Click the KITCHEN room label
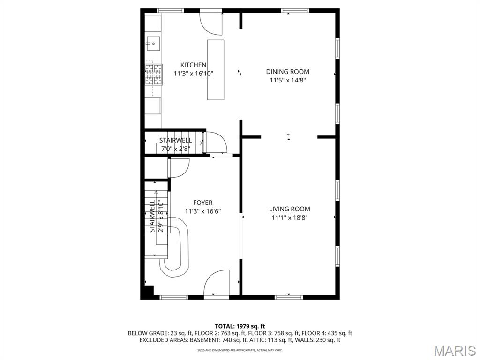coord(194,65)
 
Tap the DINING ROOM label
coord(287,72)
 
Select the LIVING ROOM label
coord(289,209)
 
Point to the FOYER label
coord(202,202)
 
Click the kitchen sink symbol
coord(152,44)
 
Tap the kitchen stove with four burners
coord(153,74)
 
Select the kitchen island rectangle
coord(216,69)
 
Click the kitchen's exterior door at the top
coord(211,21)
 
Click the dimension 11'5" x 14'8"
coord(287,80)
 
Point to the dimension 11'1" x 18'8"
coord(289,217)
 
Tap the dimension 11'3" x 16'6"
coord(202,211)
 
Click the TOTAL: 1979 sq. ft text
coord(240,326)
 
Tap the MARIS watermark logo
coord(454,350)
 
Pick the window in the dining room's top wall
coord(295,10)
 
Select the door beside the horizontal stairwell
coord(215,142)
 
